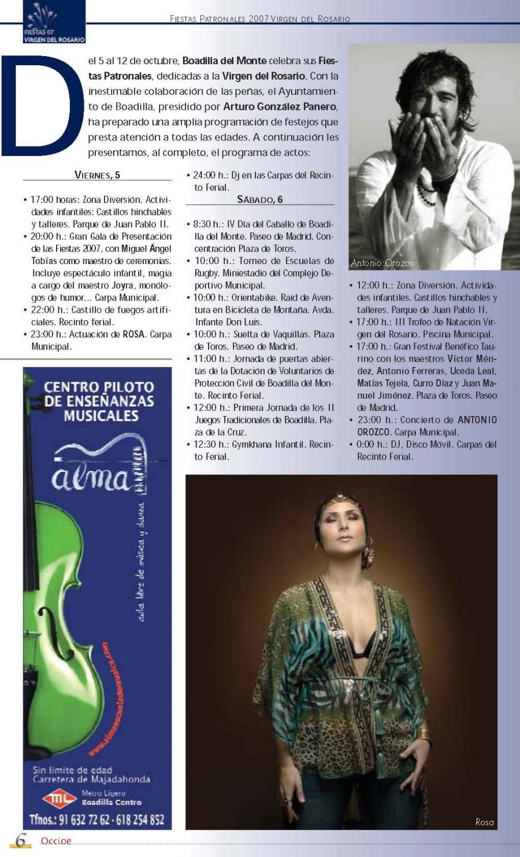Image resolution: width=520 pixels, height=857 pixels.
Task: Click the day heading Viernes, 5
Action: tap(97, 175)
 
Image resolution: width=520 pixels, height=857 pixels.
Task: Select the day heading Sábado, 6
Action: tap(259, 199)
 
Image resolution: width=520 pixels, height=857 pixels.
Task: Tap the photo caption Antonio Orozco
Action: tap(382, 263)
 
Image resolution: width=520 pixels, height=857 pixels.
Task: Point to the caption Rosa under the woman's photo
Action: tap(484, 822)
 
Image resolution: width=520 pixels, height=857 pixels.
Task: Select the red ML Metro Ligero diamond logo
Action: tap(60, 799)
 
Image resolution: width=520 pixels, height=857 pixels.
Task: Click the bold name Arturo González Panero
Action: tap(280, 107)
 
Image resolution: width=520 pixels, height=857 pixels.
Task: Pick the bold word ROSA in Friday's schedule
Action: tap(133, 335)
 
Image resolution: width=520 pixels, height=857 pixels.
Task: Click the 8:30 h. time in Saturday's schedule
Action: tap(207, 224)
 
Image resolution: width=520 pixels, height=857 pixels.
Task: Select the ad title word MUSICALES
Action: tap(101, 415)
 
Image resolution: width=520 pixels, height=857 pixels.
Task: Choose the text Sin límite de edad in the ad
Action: tap(72, 770)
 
